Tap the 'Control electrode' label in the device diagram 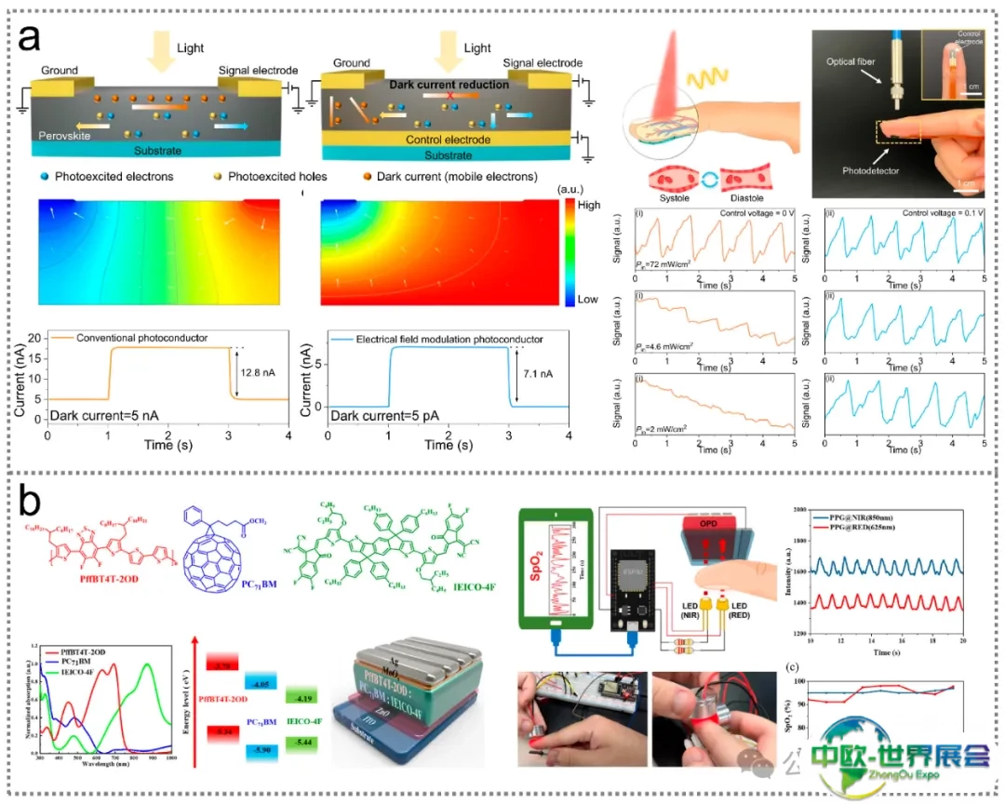(449, 140)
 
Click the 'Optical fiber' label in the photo (852, 60)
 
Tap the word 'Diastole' (744, 182)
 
